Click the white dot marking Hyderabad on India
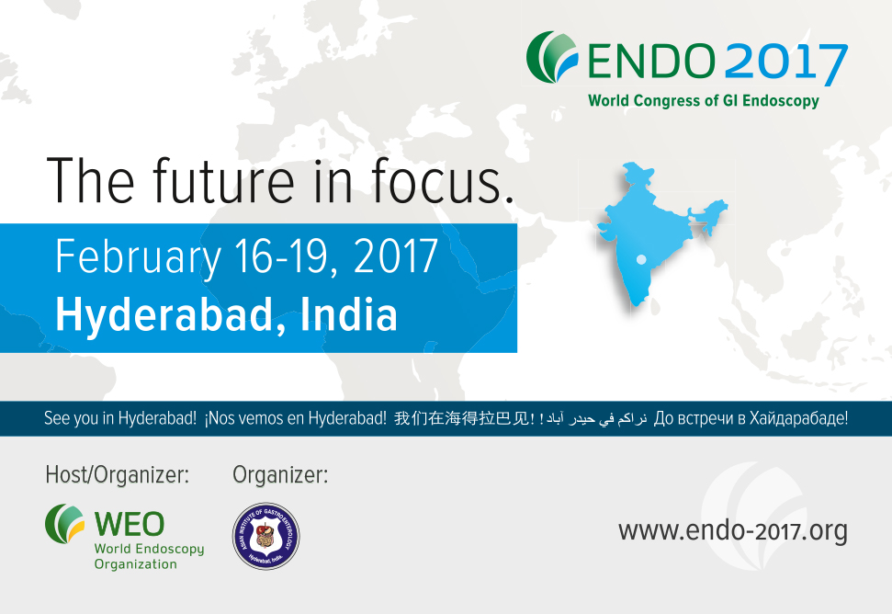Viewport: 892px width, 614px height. (x=641, y=259)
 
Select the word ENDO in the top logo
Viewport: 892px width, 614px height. (x=650, y=62)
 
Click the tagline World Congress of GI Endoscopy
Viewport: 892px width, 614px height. (x=703, y=101)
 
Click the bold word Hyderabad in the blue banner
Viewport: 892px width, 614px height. (x=159, y=313)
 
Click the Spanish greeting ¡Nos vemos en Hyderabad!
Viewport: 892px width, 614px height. (x=295, y=419)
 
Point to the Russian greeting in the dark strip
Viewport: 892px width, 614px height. (x=751, y=419)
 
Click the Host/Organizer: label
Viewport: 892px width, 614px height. (x=118, y=475)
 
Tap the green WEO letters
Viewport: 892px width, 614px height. (x=130, y=524)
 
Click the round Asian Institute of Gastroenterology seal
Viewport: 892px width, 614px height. (x=265, y=536)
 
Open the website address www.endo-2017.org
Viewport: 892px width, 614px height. (x=732, y=530)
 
